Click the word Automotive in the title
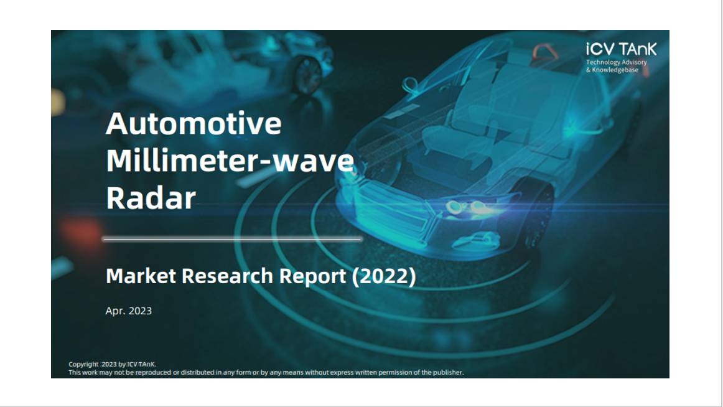(194, 123)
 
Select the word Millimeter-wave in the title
(230, 161)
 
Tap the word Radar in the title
(151, 198)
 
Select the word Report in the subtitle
(312, 276)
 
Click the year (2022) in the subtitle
(384, 276)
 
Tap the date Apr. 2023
(129, 311)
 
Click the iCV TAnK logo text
(621, 49)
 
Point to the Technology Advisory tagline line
(617, 62)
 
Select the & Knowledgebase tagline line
(612, 70)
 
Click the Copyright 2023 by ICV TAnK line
(113, 364)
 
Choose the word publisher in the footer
(448, 372)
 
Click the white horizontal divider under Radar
(233, 239)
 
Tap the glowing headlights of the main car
(467, 207)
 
